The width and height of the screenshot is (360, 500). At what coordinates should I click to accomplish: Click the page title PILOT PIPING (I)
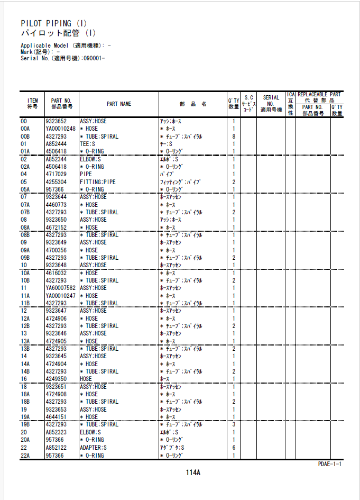click(x=54, y=23)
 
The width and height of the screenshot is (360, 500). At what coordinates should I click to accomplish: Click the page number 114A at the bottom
click(x=192, y=472)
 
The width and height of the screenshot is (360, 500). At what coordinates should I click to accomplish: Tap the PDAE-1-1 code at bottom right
click(x=330, y=464)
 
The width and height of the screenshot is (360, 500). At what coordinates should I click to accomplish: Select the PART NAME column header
click(x=119, y=104)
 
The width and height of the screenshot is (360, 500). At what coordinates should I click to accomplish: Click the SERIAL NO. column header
click(x=271, y=104)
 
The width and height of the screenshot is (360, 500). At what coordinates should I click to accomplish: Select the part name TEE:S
click(x=87, y=144)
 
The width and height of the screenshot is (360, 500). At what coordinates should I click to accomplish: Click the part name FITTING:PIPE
click(x=97, y=182)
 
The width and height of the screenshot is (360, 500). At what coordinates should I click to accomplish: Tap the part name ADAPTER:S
click(x=93, y=448)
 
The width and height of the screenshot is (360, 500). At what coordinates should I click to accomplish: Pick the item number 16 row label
click(x=24, y=379)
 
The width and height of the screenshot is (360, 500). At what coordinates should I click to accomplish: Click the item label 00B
click(x=25, y=137)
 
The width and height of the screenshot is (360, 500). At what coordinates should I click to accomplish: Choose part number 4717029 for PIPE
click(x=56, y=174)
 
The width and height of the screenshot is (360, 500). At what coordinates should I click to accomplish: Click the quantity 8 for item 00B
click(x=234, y=137)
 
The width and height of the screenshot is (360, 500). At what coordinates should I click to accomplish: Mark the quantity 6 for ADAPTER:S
click(x=234, y=448)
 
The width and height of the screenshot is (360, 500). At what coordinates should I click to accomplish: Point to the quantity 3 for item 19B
click(x=234, y=424)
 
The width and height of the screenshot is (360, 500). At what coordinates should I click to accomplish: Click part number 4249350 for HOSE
click(x=56, y=379)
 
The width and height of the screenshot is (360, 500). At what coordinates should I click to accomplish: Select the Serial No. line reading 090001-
click(x=62, y=58)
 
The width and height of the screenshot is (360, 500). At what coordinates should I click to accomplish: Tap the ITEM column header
click(x=33, y=104)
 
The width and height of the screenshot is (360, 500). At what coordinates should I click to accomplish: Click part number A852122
click(x=56, y=448)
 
